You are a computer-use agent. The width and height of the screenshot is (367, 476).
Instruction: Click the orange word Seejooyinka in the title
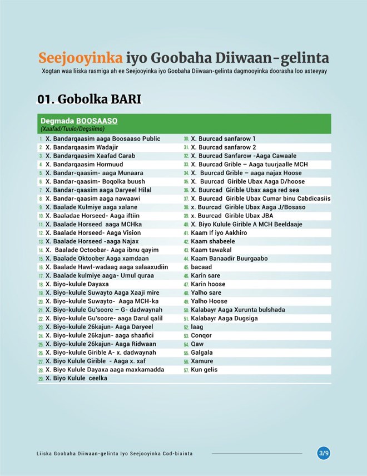(80, 58)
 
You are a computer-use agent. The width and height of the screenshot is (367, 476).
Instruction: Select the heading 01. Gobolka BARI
(89, 99)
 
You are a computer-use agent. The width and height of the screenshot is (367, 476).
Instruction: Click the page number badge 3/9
(324, 453)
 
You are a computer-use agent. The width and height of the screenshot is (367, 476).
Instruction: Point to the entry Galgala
(202, 353)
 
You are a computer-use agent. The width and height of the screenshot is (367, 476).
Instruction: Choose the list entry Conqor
(201, 335)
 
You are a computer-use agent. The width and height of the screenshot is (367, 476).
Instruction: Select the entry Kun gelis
(204, 370)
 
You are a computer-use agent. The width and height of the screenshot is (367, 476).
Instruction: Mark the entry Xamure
(201, 361)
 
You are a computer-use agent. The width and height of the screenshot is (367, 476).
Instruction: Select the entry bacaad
(201, 267)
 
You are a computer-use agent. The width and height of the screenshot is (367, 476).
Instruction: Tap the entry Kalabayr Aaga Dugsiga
(224, 318)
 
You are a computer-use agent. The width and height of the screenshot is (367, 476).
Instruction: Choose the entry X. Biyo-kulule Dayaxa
(77, 284)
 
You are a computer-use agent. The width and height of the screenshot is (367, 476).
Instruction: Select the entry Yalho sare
(206, 292)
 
